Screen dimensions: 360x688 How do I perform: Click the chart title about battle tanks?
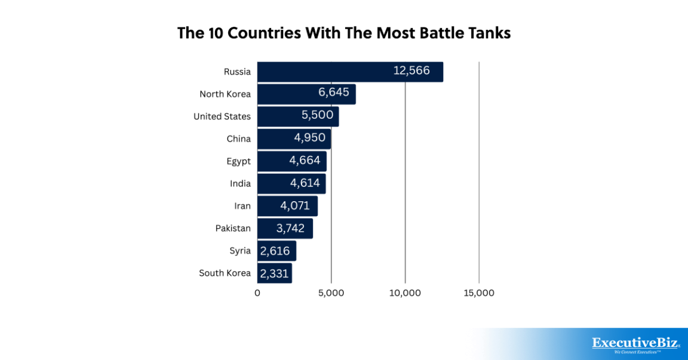(344, 33)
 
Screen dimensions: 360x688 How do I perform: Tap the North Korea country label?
(225, 94)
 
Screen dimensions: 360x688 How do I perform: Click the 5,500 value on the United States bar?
(317, 115)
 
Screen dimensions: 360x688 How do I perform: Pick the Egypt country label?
(238, 161)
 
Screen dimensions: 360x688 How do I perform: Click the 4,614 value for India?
(305, 183)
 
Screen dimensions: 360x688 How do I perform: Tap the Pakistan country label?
(233, 228)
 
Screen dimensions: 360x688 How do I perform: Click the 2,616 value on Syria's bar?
(275, 251)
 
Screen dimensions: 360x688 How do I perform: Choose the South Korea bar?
(275, 273)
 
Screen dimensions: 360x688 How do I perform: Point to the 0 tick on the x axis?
(257, 293)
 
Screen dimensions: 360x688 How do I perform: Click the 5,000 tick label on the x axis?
(331, 293)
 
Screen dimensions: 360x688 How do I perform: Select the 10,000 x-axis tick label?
(406, 293)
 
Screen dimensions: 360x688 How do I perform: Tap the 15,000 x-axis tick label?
(479, 293)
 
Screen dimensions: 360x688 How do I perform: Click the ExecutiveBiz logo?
(635, 344)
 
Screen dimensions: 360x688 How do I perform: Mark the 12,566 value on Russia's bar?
(411, 70)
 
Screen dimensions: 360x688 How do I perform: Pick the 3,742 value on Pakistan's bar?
(290, 228)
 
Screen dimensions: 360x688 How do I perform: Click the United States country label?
(222, 116)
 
